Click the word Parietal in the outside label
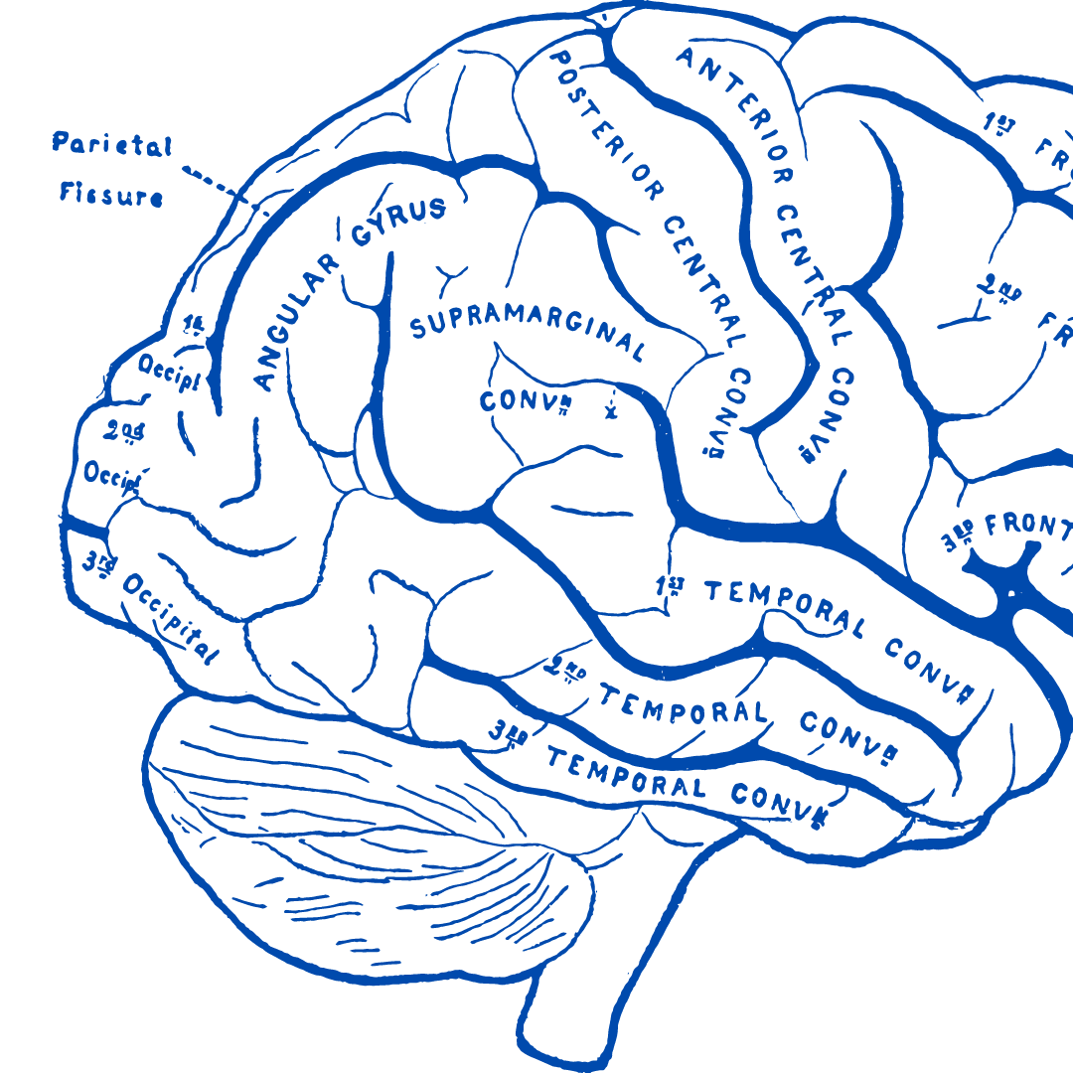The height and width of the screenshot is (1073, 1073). coord(111,146)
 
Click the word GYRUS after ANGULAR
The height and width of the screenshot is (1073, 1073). coord(397,220)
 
